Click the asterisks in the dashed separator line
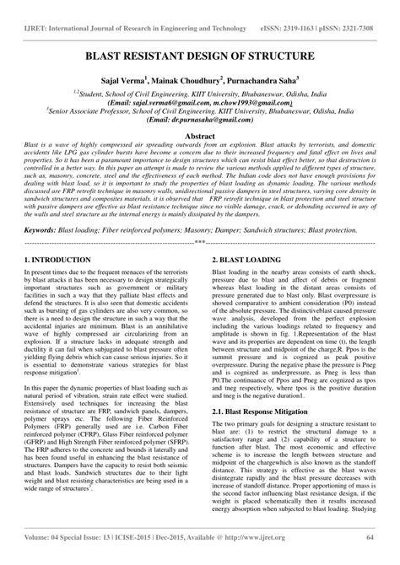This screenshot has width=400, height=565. point(200,241)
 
